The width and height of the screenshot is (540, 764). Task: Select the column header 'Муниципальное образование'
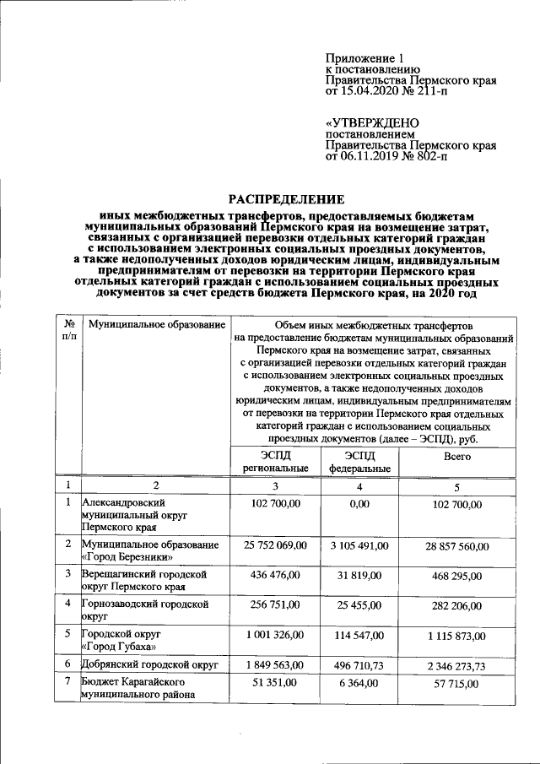click(x=157, y=325)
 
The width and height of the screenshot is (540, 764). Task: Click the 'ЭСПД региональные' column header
click(x=274, y=461)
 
